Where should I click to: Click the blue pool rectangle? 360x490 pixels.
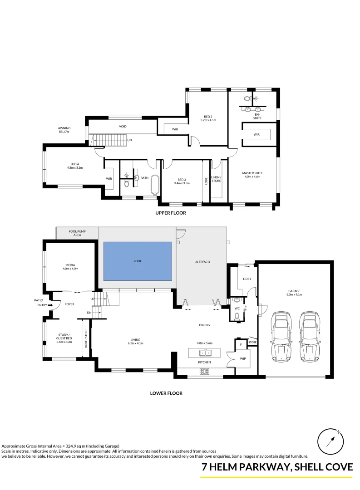(x=138, y=261)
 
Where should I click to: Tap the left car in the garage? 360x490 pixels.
(x=282, y=337)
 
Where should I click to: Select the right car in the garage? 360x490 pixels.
(x=310, y=337)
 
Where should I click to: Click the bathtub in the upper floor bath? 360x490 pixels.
(x=155, y=185)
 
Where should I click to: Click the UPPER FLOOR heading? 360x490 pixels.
(x=171, y=213)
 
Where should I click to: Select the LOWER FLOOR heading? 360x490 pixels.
(x=166, y=393)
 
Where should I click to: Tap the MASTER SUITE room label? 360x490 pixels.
(x=252, y=173)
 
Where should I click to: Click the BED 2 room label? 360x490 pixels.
(x=208, y=117)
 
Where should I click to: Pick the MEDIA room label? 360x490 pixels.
(x=70, y=265)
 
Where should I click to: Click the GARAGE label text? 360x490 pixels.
(x=294, y=291)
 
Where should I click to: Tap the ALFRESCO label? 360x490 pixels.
(x=202, y=262)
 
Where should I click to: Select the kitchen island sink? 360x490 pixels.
(x=205, y=353)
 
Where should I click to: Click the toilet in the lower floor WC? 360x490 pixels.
(x=237, y=317)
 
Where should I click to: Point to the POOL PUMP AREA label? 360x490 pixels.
(x=77, y=233)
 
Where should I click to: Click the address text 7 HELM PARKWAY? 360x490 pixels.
(x=245, y=467)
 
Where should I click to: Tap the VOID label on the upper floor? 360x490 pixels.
(x=123, y=127)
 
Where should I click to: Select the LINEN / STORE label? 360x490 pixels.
(x=216, y=179)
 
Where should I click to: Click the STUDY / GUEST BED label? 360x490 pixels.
(x=64, y=337)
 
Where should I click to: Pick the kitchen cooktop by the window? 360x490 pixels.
(x=205, y=372)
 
